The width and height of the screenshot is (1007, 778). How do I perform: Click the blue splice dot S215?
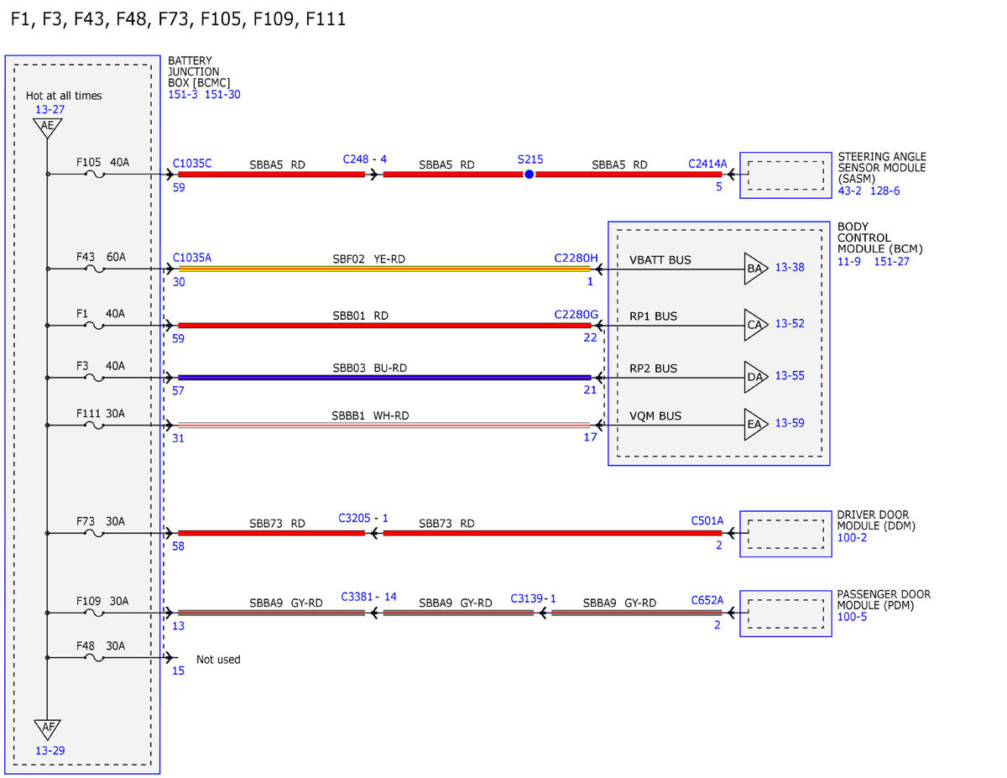[x=529, y=175]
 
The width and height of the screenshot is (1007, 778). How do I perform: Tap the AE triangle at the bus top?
[x=47, y=127]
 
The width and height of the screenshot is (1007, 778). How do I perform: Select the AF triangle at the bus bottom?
[x=47, y=728]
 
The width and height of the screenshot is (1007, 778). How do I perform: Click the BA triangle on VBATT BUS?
[x=755, y=269]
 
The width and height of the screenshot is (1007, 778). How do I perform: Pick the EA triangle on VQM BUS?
[x=755, y=424]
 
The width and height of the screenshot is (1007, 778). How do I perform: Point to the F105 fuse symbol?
[x=95, y=175]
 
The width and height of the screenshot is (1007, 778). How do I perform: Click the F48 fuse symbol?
[x=95, y=657]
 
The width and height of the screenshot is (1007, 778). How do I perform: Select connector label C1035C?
[x=192, y=164]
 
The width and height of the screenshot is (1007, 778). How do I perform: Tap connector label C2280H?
[x=576, y=258]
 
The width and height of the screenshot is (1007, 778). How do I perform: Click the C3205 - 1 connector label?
[x=363, y=518]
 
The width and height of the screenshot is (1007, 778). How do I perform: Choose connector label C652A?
[x=707, y=600]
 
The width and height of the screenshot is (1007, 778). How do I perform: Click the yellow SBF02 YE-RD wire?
[x=384, y=269]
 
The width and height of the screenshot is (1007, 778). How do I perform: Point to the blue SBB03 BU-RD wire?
[x=384, y=378]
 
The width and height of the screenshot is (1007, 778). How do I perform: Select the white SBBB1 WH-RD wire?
[x=384, y=425]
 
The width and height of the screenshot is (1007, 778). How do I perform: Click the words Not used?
[x=218, y=660]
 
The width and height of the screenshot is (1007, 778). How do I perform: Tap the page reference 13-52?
[x=790, y=323]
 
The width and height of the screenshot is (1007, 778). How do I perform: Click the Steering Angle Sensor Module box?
[x=785, y=175]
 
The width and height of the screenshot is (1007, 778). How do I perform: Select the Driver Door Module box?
[x=785, y=534]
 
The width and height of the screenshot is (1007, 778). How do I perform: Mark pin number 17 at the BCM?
[x=590, y=437]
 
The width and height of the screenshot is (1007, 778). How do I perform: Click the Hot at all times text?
[x=64, y=96]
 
